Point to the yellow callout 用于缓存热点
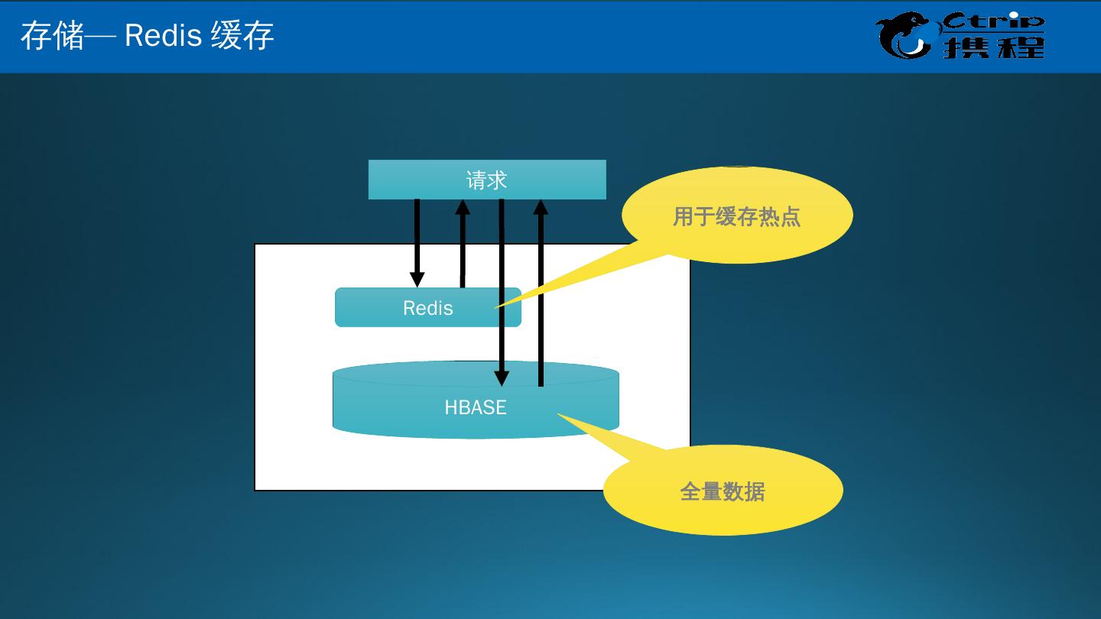pyautogui.click(x=736, y=216)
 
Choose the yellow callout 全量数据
pyautogui.click(x=723, y=491)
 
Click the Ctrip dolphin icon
pyautogui.click(x=905, y=36)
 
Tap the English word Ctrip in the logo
pyautogui.click(x=993, y=21)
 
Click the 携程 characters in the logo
pyautogui.click(x=993, y=47)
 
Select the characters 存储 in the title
pyautogui.click(x=52, y=36)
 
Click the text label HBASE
pyautogui.click(x=475, y=407)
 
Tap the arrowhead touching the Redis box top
pyautogui.click(x=417, y=279)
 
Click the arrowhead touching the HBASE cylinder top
pyautogui.click(x=502, y=378)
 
